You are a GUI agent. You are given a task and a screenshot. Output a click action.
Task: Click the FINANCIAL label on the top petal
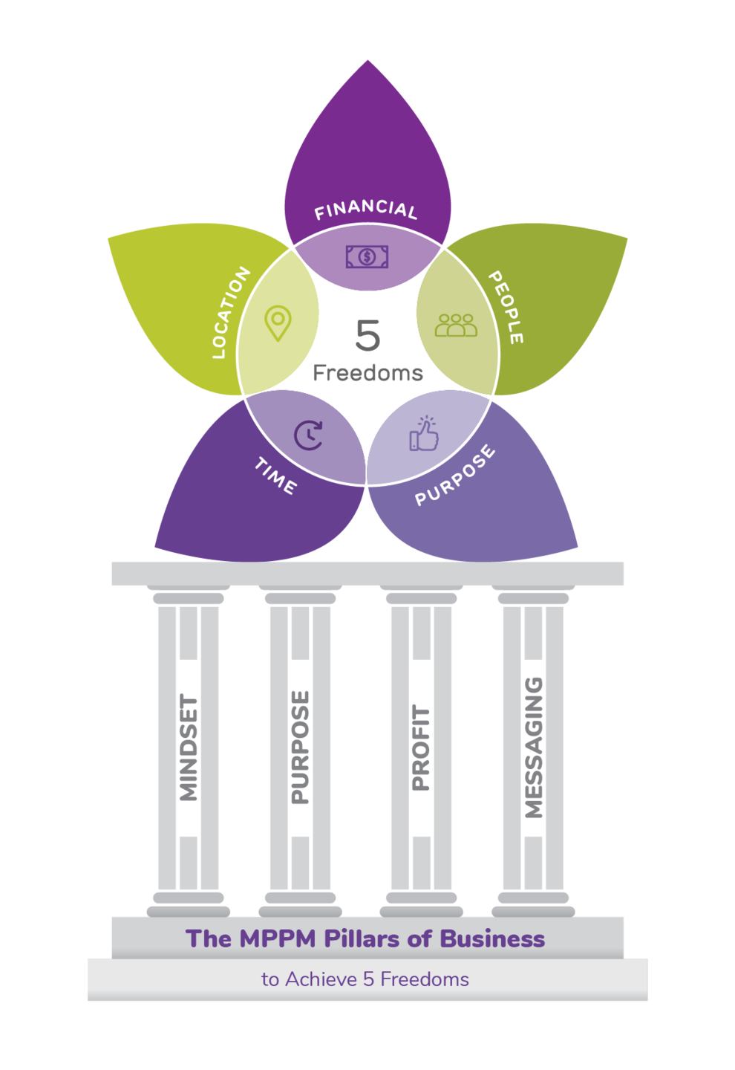tap(366, 210)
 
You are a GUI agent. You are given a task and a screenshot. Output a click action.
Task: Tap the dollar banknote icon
tap(367, 257)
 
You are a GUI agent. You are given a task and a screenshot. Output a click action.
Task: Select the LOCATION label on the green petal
tap(230, 313)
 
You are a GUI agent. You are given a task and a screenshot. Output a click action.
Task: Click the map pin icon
tap(278, 323)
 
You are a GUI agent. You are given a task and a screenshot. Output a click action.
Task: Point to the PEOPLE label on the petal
tap(506, 307)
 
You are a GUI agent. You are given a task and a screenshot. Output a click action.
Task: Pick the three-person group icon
tap(456, 325)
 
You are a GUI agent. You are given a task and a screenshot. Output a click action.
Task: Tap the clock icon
tap(308, 435)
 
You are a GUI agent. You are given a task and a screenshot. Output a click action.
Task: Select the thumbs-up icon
tap(424, 434)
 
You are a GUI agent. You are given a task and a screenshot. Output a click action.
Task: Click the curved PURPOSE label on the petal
tap(454, 476)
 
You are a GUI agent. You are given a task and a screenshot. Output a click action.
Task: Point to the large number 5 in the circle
tap(367, 336)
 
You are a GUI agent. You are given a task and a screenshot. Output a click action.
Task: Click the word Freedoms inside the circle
tap(367, 373)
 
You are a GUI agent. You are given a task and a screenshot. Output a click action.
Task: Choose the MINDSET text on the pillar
tap(189, 748)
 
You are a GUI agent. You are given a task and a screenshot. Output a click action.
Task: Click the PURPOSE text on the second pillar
tap(301, 748)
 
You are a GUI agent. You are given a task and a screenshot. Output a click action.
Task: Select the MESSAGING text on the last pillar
tap(534, 748)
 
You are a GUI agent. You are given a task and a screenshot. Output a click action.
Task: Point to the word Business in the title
tap(492, 938)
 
